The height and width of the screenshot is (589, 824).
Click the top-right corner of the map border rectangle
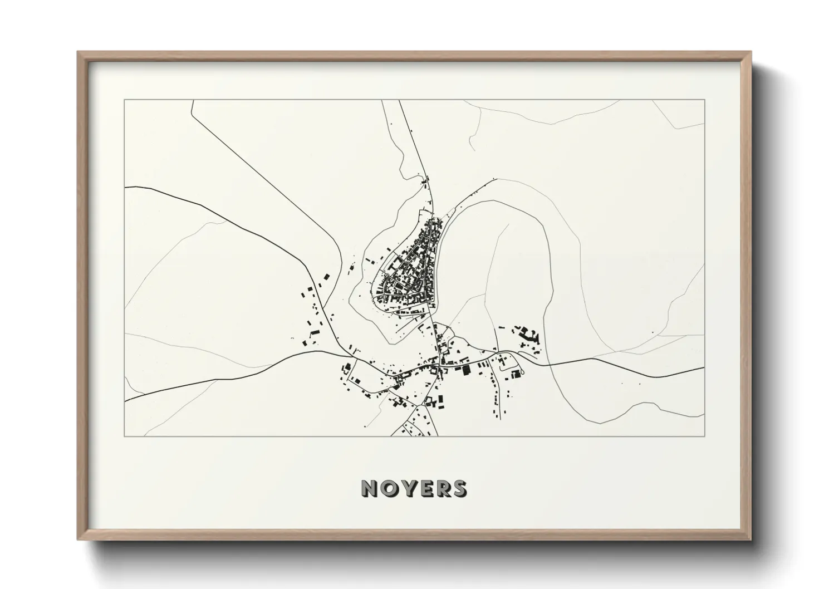(705, 100)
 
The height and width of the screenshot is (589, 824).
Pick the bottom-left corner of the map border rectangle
(125, 436)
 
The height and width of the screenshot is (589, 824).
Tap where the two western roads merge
(351, 355)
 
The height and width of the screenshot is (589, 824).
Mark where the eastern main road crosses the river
(548, 364)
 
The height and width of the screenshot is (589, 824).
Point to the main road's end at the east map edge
(704, 368)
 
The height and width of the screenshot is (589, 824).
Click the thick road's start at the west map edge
(125, 188)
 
